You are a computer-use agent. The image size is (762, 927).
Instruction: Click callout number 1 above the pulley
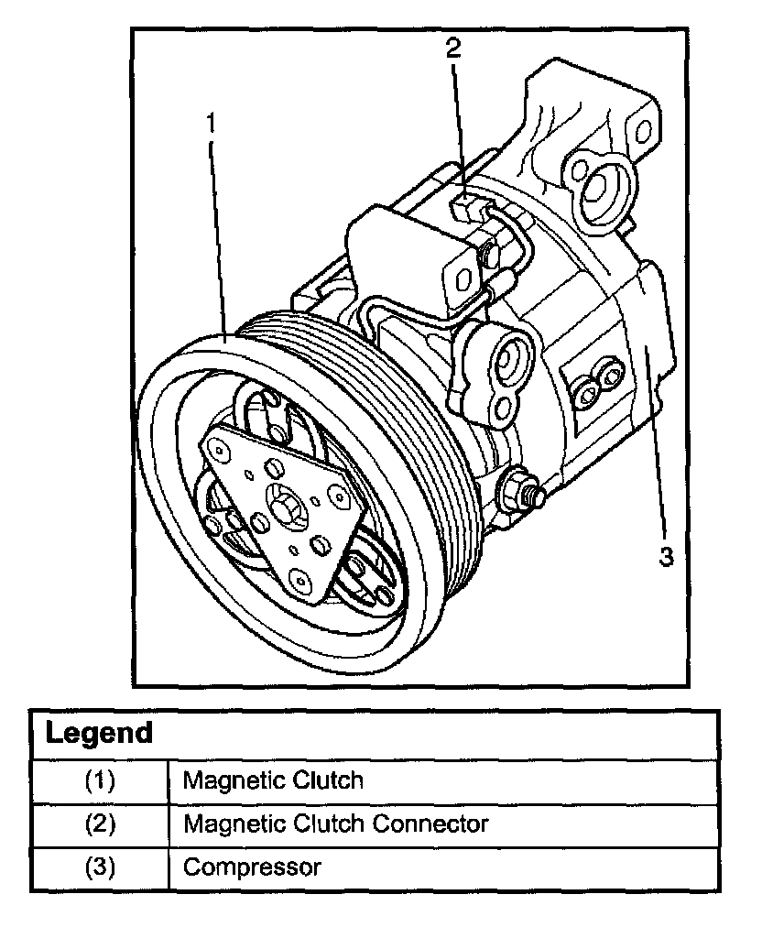(x=211, y=122)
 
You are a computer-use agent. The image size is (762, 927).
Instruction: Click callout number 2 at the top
(x=453, y=48)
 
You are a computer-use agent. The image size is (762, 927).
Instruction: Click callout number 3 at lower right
(x=665, y=556)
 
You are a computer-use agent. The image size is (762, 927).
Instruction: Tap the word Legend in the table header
(x=99, y=733)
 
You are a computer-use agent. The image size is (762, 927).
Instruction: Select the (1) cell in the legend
(x=100, y=780)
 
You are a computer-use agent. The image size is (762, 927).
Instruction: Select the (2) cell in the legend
(x=100, y=823)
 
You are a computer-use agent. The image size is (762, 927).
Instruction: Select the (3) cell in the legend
(x=100, y=867)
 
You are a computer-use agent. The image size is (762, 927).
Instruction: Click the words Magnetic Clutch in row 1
(x=273, y=780)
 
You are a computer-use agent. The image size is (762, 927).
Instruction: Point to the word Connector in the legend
(x=430, y=823)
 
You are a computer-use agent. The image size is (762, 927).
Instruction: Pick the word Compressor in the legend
(x=252, y=867)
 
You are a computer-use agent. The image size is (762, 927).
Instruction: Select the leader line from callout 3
(x=653, y=440)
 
